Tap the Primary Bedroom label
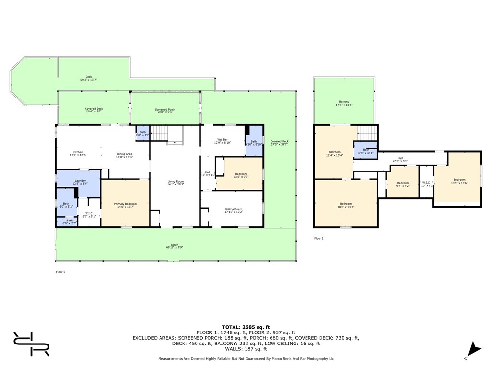(x=125, y=204)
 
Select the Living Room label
(x=175, y=181)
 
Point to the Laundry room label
(x=80, y=181)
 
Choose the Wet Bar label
(x=222, y=140)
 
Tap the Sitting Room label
(x=234, y=209)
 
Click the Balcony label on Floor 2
(x=344, y=102)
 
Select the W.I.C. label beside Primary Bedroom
(x=89, y=213)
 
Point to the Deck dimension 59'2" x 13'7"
(x=88, y=80)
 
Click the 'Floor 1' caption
(x=61, y=272)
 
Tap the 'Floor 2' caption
(x=319, y=238)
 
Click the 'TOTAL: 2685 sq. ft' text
(x=246, y=327)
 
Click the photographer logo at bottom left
(x=31, y=344)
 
